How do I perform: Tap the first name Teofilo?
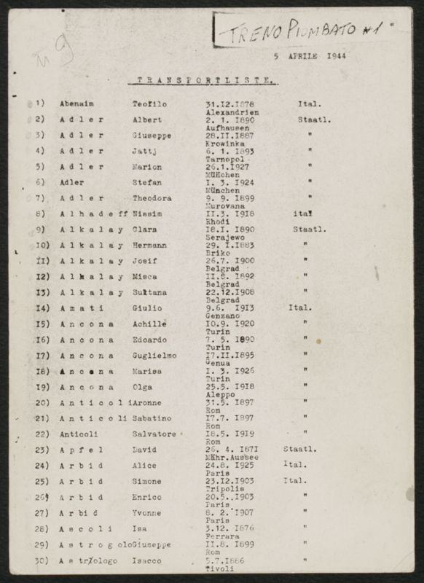pos(149,103)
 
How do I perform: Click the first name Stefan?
pos(147,182)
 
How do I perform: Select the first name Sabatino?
pos(152,418)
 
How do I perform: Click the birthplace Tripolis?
pos(224,489)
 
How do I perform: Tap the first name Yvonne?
pos(147,513)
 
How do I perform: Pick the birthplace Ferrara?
pos(222,537)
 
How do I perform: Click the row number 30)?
pos(42,560)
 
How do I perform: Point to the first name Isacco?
pos(147,560)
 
